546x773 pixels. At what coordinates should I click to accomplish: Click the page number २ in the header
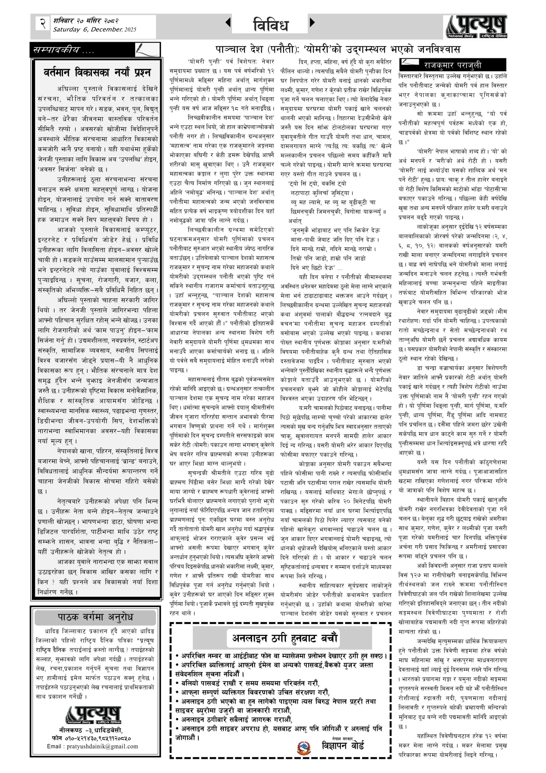(x=43, y=24)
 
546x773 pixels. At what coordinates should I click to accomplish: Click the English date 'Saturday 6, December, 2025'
(x=94, y=30)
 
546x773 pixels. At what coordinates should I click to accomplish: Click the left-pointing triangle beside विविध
(x=228, y=23)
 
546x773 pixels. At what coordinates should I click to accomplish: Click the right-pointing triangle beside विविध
(x=312, y=23)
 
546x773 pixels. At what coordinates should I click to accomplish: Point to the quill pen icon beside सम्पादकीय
(x=147, y=50)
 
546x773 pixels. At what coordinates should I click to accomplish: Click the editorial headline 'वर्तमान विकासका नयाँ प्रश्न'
(x=97, y=73)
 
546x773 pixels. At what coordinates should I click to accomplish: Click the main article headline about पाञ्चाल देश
(x=338, y=50)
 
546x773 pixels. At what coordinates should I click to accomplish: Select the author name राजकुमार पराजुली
(x=453, y=65)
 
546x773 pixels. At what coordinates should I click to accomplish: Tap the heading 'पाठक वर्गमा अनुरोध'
(x=96, y=617)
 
